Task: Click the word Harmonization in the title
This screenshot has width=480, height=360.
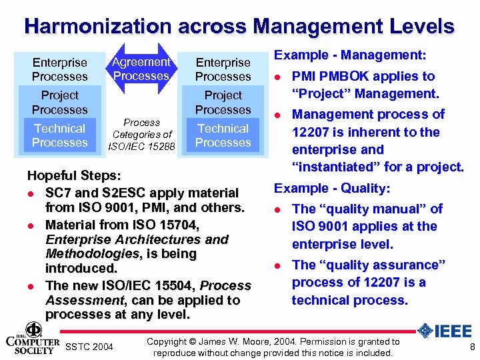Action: [98, 27]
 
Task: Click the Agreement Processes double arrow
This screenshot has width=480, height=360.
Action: [141, 69]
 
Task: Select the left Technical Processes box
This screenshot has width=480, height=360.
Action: [60, 135]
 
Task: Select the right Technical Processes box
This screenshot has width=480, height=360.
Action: [223, 135]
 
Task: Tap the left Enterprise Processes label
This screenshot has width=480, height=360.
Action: [60, 69]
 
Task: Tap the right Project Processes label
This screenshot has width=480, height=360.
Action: [223, 103]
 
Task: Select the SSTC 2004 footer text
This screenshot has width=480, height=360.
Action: [90, 347]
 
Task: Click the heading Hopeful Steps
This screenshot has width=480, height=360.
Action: [73, 177]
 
